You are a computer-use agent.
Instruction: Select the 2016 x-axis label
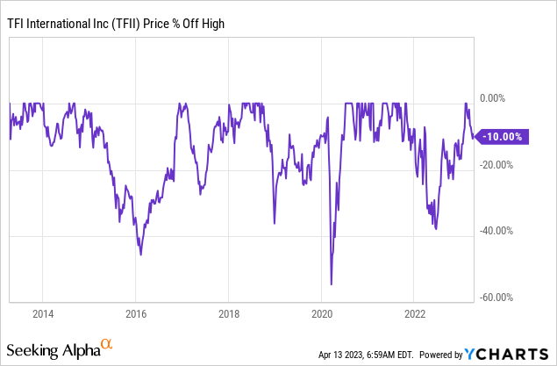pyautogui.click(x=136, y=313)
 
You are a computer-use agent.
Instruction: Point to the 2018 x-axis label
pyautogui.click(x=229, y=313)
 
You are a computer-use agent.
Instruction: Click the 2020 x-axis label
pyautogui.click(x=322, y=313)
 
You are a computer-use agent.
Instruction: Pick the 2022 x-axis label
pyautogui.click(x=415, y=313)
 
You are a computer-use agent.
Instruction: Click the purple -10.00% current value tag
pyautogui.click(x=503, y=136)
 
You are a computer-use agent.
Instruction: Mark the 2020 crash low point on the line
pyautogui.click(x=331, y=283)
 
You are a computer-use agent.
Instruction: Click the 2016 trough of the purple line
pyautogui.click(x=140, y=255)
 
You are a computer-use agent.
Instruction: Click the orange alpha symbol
pyautogui.click(x=107, y=345)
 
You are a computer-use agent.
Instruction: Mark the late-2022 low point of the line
pyautogui.click(x=437, y=229)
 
